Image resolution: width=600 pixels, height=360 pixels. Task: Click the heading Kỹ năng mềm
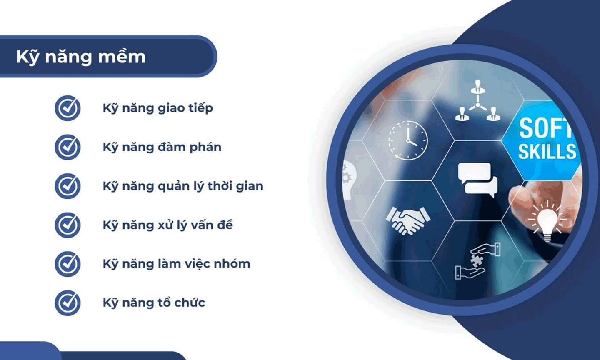81,57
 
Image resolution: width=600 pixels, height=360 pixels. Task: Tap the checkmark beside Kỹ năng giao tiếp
68,108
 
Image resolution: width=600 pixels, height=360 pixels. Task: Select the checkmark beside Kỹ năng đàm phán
68,147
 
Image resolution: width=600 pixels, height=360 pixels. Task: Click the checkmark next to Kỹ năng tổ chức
68,303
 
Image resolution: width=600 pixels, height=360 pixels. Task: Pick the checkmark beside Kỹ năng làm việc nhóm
68,264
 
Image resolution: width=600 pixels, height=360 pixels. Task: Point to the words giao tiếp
185,108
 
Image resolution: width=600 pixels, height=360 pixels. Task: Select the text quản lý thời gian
210,186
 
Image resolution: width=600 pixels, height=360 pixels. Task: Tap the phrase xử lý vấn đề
195,225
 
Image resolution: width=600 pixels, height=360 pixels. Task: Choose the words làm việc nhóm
204,264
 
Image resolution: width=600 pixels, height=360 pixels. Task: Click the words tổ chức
181,302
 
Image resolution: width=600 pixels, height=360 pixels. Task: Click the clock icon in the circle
408,140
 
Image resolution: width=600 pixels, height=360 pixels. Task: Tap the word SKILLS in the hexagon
547,151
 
